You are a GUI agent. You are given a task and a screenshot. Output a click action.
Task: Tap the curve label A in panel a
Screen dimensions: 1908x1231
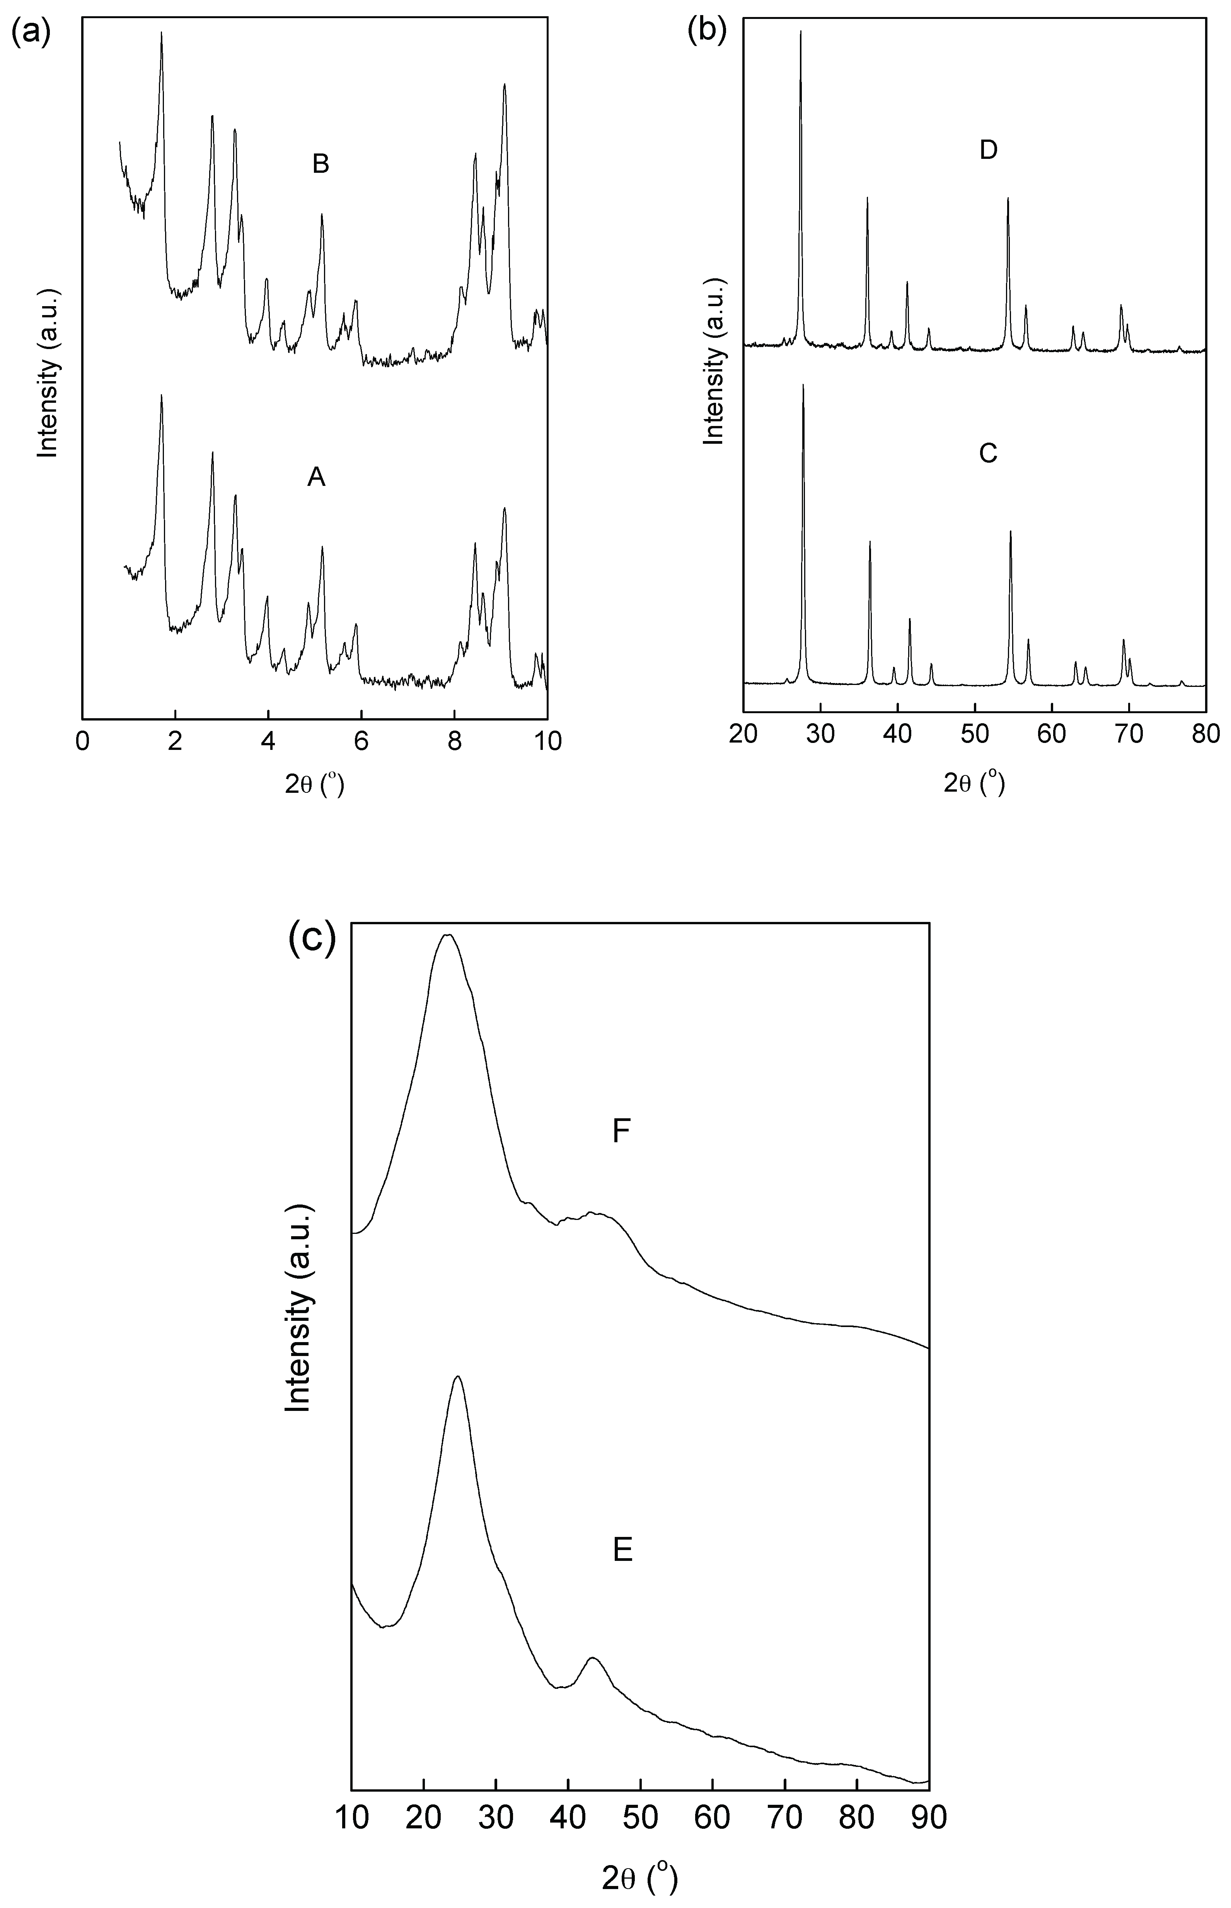tap(317, 478)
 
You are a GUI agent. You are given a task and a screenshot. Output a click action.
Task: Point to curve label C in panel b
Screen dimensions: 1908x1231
tap(988, 453)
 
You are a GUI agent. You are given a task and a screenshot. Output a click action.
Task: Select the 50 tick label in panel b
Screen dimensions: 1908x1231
tap(974, 734)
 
